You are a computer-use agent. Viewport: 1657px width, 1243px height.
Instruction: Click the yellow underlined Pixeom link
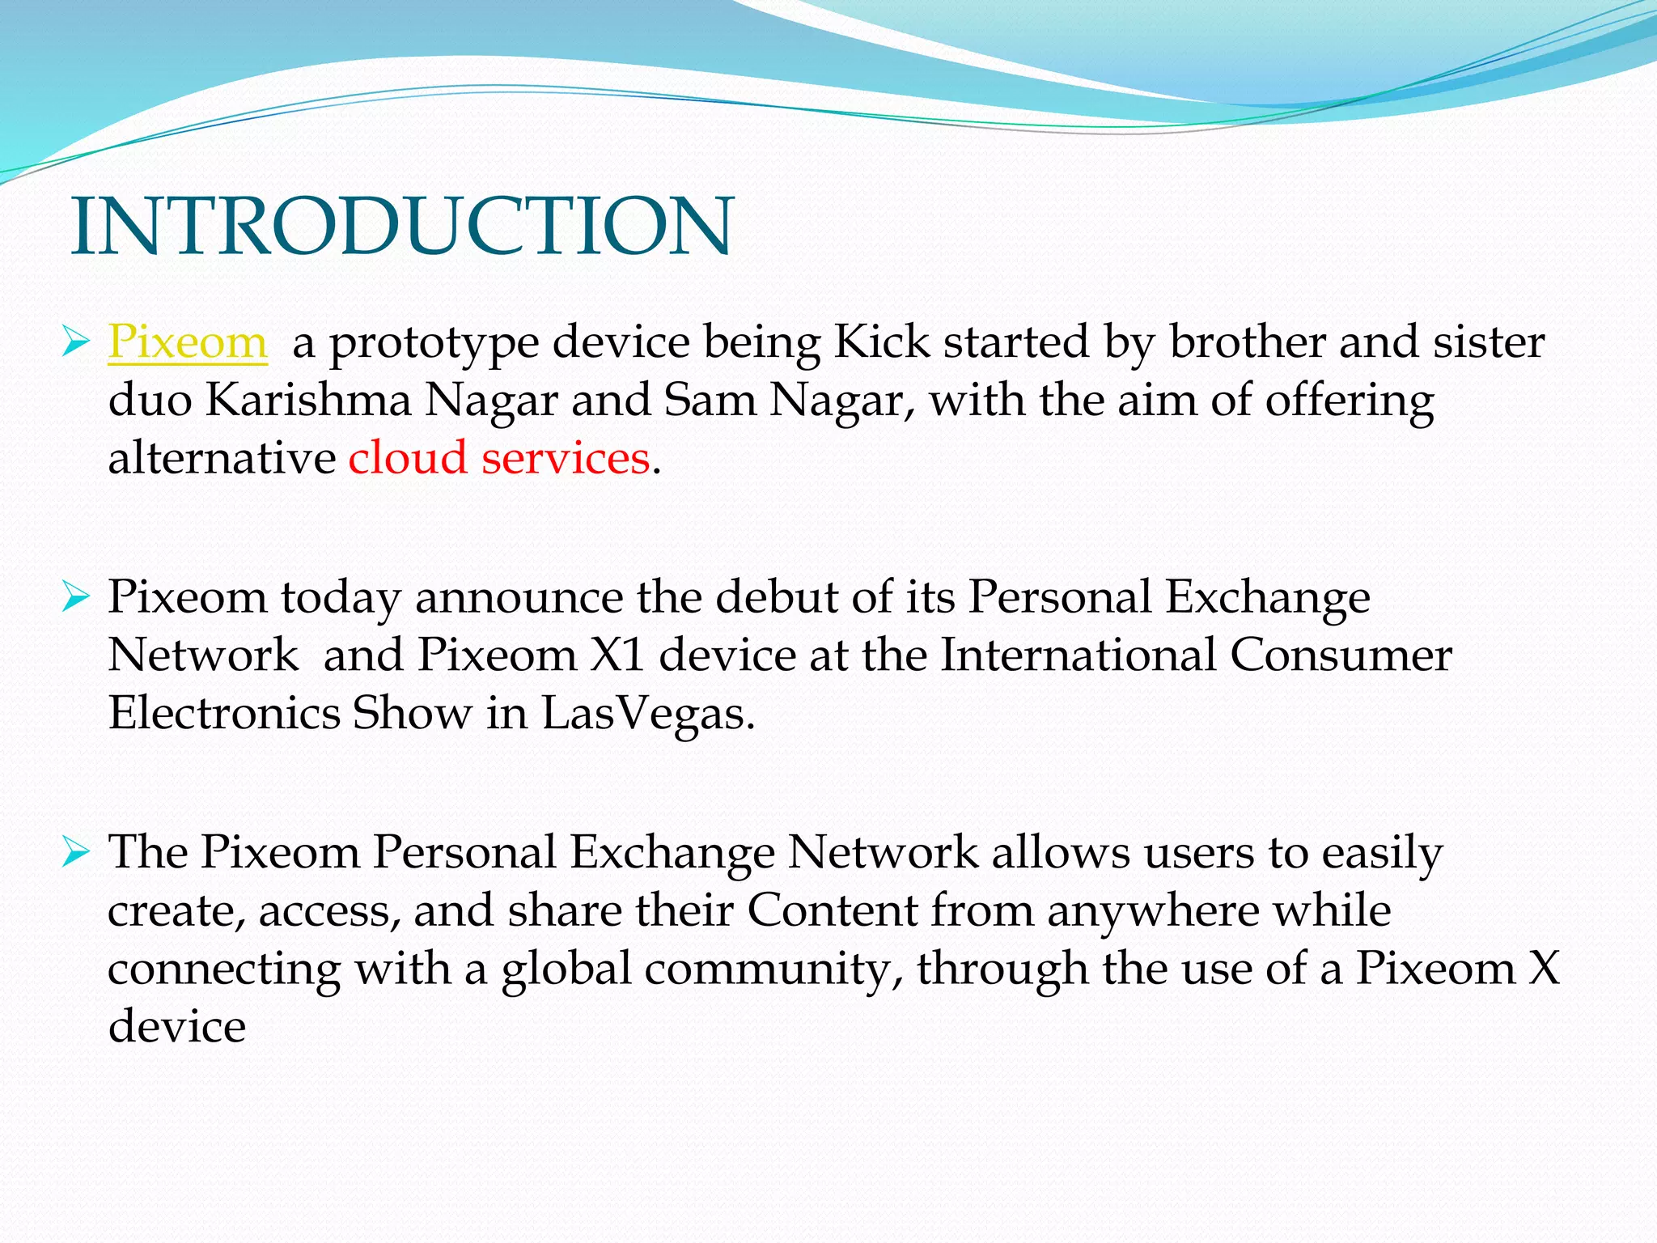(188, 342)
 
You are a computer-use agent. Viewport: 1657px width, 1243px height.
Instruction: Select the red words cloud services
(499, 458)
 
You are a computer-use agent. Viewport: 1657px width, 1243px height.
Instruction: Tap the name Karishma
(307, 401)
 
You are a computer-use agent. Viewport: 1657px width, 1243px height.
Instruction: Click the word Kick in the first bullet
(881, 342)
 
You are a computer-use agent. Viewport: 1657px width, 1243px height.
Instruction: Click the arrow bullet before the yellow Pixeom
(74, 343)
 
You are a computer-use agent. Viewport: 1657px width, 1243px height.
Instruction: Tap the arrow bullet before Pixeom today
(74, 598)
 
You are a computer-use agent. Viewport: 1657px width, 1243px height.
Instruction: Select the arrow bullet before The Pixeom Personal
(74, 853)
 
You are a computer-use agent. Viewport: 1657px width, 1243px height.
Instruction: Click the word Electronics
(224, 713)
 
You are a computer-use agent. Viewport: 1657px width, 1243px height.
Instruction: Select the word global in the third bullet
(566, 969)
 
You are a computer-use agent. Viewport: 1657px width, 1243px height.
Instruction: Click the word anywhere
(1153, 911)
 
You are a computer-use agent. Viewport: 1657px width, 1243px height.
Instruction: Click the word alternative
(222, 458)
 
